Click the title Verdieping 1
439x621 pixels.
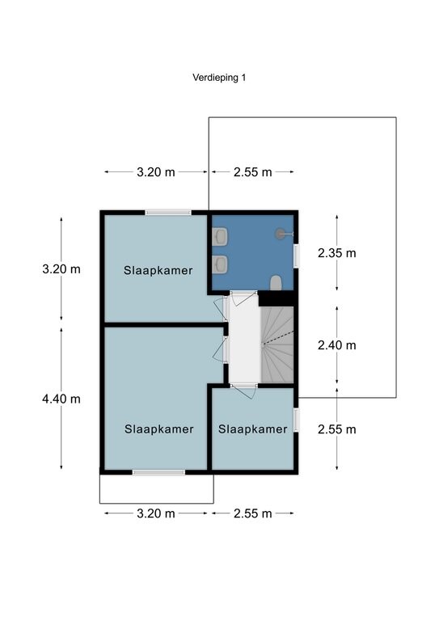(x=219, y=78)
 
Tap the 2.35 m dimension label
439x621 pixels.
(x=337, y=252)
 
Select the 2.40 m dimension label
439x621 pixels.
(x=337, y=345)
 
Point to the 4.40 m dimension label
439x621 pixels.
(x=61, y=399)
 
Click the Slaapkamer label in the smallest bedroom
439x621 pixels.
(x=252, y=429)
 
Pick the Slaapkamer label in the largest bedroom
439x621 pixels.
(x=158, y=429)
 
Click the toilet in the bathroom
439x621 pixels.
(x=276, y=283)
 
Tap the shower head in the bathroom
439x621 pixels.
(x=281, y=234)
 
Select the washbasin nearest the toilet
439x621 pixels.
(x=220, y=264)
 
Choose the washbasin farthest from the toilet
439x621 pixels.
(x=220, y=236)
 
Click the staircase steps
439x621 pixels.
(x=277, y=344)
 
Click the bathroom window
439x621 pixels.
(x=296, y=256)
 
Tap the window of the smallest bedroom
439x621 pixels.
(x=296, y=420)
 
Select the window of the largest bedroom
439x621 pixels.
(x=158, y=472)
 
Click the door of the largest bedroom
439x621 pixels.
(x=220, y=349)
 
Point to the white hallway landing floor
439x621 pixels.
(x=245, y=339)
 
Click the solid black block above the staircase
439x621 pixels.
(x=276, y=298)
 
